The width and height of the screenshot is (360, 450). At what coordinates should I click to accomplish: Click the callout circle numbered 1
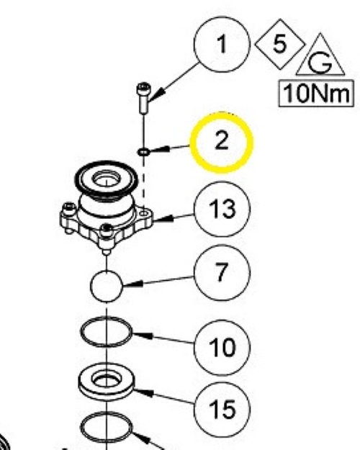[222, 45]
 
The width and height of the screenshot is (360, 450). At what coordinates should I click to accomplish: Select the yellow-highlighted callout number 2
[221, 143]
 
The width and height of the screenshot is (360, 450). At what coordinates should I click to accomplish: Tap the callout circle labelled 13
[222, 209]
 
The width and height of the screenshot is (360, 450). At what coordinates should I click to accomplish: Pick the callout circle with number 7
[222, 273]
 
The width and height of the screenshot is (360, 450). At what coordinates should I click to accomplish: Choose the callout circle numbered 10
[222, 347]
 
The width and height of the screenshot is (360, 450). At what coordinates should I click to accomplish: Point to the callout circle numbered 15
[222, 410]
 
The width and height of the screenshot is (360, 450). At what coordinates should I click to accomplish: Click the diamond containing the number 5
[280, 44]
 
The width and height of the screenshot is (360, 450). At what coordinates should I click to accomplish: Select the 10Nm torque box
[316, 94]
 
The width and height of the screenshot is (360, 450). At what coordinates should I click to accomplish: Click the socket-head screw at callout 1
[143, 98]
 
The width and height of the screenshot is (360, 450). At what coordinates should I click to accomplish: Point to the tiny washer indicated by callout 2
[143, 152]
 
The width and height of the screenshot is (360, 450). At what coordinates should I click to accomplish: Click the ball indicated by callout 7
[107, 286]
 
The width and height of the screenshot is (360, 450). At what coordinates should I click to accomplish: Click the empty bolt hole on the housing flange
[143, 213]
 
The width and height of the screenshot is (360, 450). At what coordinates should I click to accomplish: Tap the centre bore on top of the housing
[106, 180]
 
